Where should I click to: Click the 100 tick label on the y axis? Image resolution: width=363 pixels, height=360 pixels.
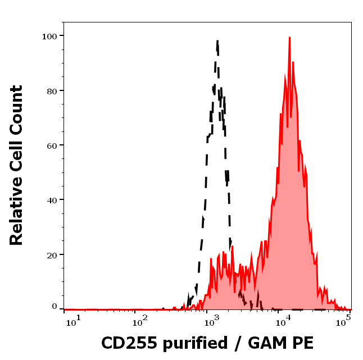[x=50, y=36]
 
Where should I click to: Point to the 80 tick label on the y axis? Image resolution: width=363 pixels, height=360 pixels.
[x=52, y=90]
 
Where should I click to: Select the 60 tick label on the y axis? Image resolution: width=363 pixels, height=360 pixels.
[x=52, y=145]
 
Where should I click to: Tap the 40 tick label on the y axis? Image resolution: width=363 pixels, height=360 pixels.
[x=52, y=200]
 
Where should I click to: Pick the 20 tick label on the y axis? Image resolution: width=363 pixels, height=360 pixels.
[x=52, y=254]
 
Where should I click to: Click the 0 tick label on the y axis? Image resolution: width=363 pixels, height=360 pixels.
[x=55, y=307]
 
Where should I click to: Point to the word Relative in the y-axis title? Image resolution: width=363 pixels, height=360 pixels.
[x=16, y=213]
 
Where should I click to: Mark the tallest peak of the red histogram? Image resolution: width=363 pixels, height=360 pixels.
[x=289, y=38]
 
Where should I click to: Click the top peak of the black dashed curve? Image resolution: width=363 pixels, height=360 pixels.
[x=217, y=40]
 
